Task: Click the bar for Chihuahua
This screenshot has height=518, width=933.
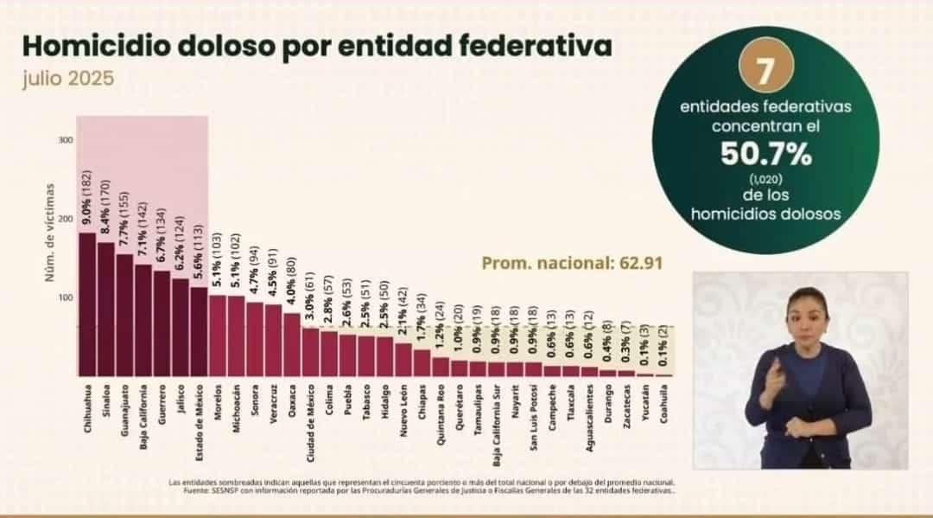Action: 87,303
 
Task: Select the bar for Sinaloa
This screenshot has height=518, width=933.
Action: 105,308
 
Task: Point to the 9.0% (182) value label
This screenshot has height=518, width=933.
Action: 87,193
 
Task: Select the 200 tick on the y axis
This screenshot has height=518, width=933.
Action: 66,219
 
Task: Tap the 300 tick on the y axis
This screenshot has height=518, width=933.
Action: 66,140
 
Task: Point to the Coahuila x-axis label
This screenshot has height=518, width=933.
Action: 664,404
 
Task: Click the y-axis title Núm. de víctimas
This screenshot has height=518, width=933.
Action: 51,231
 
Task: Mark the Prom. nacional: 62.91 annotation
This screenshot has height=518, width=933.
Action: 572,262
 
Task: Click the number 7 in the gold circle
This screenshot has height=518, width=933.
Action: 764,73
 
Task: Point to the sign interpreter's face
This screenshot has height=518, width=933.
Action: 805,314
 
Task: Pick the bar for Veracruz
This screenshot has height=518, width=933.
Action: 273,339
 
